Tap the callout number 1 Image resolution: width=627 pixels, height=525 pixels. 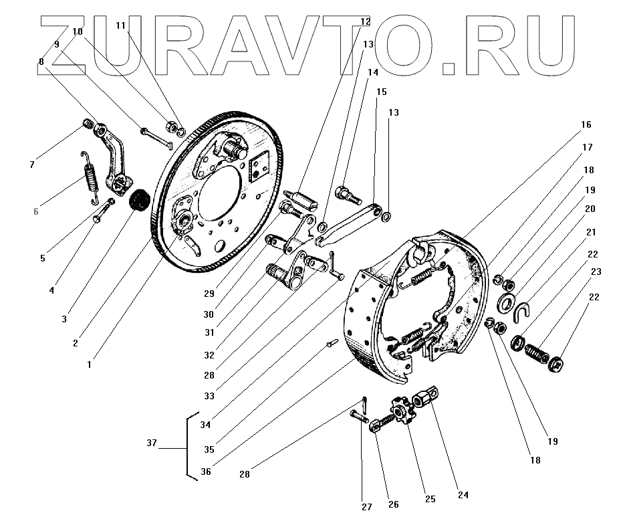pos(90,364)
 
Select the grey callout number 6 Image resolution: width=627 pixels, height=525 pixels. pos(36,211)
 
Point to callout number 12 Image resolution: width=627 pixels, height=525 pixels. pos(365,21)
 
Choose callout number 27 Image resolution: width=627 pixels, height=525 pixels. pos(367,507)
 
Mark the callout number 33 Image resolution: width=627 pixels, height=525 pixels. pos(209,396)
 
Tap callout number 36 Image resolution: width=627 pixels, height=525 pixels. pos(206,471)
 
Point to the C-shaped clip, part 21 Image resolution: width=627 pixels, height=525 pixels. pos(523,310)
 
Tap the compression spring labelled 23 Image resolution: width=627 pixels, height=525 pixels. pos(537,352)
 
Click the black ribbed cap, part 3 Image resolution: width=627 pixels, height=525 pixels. pos(140,200)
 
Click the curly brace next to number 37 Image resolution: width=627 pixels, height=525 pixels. pos(191,446)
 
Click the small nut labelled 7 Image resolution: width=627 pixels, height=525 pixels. pos(87,123)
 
